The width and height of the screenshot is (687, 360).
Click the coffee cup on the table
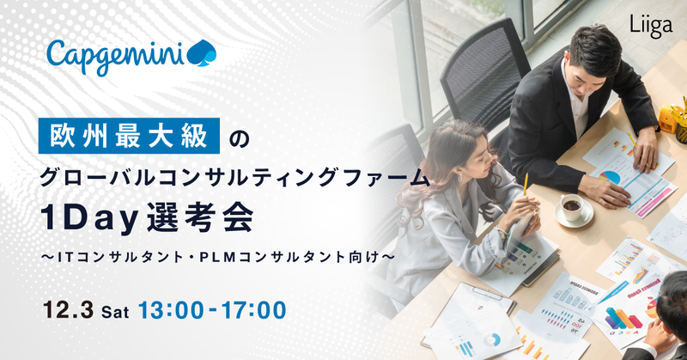coord(570,208)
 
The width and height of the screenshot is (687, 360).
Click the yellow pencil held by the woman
coord(526,185)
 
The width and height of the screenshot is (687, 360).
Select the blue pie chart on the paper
coord(610,176)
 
